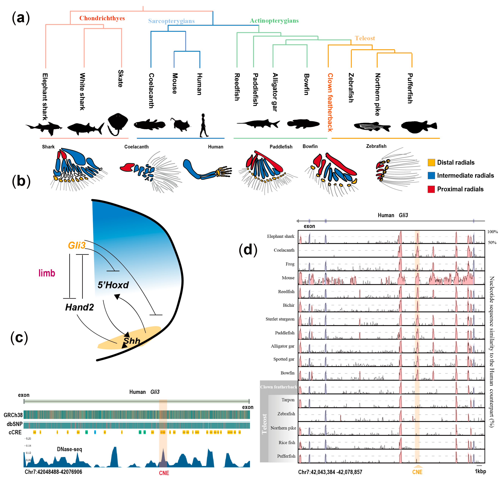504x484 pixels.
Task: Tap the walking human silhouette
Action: (203, 125)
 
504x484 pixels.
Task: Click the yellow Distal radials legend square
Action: (431, 163)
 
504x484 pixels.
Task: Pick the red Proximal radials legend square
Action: (431, 189)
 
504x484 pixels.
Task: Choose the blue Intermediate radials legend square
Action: (431, 176)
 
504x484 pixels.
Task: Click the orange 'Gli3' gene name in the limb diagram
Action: (76, 245)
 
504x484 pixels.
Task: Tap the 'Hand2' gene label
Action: (79, 307)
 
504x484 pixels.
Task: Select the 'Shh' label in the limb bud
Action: (132, 341)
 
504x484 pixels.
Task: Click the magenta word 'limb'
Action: (47, 273)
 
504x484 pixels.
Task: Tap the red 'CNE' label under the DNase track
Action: (164, 473)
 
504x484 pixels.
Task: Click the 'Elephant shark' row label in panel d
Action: (281, 236)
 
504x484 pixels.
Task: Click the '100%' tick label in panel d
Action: (492, 232)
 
